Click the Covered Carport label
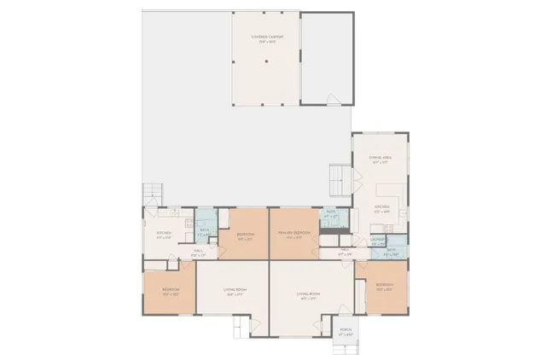[266, 38]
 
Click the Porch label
[346, 331]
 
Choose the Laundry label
[378, 241]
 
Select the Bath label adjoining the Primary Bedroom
[332, 216]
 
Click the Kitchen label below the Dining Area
[380, 208]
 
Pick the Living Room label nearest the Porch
[307, 296]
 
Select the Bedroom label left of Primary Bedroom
[245, 235]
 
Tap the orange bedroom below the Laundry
[385, 287]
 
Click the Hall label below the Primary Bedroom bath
[345, 253]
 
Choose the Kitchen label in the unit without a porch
[164, 235]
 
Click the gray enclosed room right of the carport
[327, 55]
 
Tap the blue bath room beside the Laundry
[395, 253]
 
